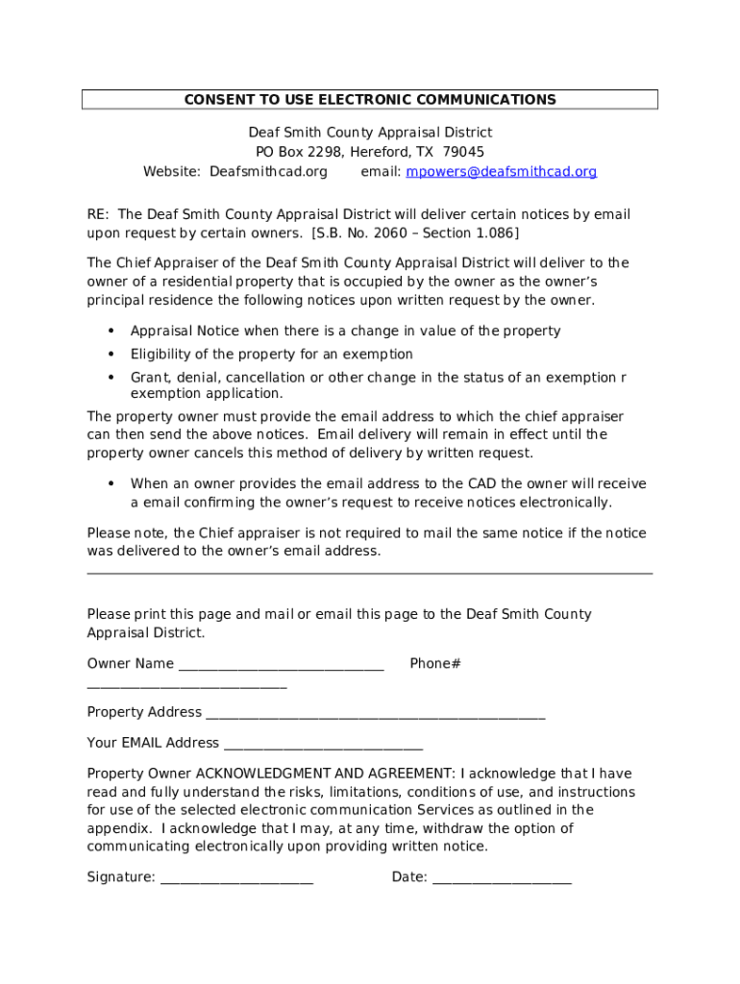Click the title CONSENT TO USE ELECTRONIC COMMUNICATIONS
[x=370, y=100]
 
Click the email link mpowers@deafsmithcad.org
[x=501, y=172]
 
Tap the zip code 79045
[x=463, y=152]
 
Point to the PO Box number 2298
[x=324, y=152]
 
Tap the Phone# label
[x=435, y=664]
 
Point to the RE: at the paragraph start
[x=98, y=214]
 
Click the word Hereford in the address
[x=381, y=152]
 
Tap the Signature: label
[x=121, y=877]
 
